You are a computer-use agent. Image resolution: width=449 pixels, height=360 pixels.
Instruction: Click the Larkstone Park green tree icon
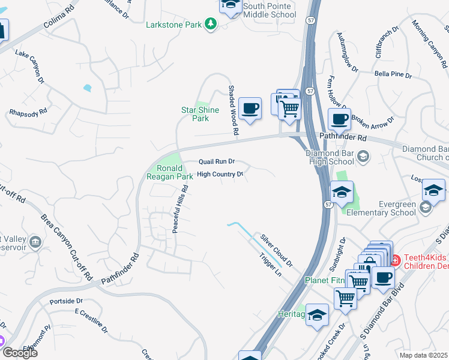(x=210, y=24)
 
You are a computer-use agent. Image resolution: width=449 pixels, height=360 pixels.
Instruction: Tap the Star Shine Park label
(x=195, y=114)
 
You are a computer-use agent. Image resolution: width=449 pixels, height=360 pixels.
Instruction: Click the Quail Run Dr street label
(x=217, y=161)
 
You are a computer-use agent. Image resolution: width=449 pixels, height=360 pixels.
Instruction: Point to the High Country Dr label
(x=220, y=174)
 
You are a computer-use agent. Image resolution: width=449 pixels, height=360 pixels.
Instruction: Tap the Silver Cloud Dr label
(x=277, y=250)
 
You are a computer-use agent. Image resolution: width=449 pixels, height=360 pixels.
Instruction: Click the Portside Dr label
(x=66, y=301)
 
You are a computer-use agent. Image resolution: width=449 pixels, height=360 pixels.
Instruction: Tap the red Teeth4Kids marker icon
(x=396, y=261)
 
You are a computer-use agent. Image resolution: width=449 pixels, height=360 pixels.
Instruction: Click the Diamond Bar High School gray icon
(x=363, y=157)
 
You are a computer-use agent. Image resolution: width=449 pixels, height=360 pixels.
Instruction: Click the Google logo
(x=20, y=352)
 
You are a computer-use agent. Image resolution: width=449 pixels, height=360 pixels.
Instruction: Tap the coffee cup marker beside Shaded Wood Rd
(x=250, y=109)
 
